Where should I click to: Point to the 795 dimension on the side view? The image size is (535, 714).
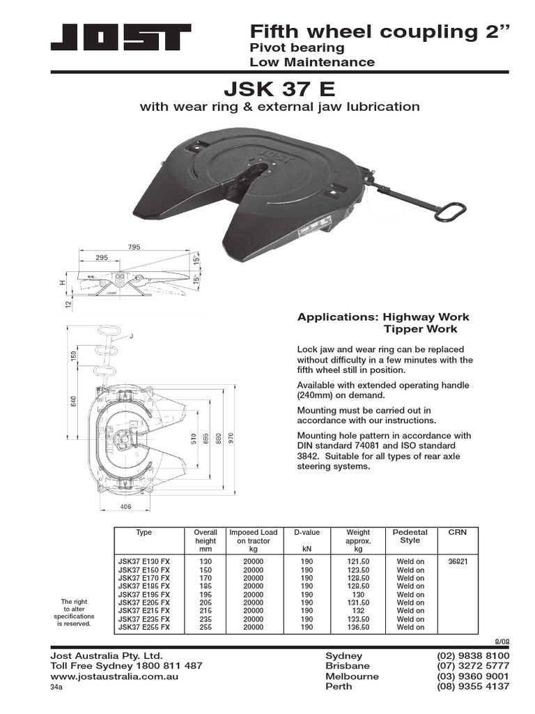(x=134, y=247)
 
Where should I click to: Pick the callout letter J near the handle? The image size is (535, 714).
(x=130, y=336)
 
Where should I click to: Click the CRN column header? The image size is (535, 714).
(x=458, y=533)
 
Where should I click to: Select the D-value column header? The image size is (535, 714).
(x=307, y=533)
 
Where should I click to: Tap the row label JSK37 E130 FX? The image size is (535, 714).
(x=144, y=561)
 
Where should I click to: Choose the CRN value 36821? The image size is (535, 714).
(x=458, y=561)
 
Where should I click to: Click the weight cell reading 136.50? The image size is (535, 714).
(x=358, y=627)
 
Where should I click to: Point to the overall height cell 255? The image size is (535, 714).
(x=206, y=627)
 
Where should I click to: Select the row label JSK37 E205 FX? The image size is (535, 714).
(x=144, y=602)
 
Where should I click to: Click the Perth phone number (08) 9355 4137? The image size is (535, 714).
(x=473, y=686)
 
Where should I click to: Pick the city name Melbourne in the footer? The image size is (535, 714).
(x=352, y=676)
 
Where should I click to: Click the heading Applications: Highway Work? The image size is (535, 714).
(x=377, y=317)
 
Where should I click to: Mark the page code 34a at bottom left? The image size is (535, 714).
(x=56, y=687)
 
